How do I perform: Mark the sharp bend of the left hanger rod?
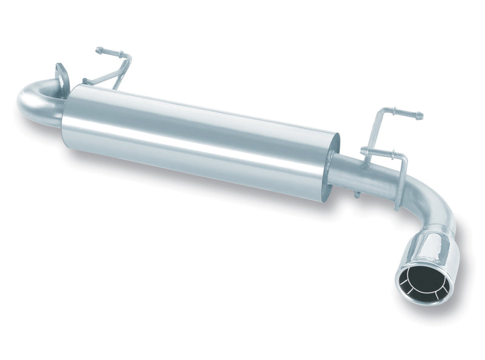point(128,58)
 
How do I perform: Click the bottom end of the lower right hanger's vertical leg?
point(398,206)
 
